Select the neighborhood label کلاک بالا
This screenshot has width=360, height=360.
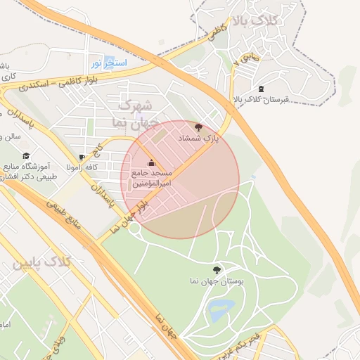279,22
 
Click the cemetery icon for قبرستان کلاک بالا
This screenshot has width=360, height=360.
262,89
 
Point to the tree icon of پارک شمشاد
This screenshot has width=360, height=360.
199,127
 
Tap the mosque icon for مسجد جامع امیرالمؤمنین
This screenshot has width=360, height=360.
150,163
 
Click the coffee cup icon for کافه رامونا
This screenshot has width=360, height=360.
82,157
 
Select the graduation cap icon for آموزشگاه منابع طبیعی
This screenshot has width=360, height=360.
26,156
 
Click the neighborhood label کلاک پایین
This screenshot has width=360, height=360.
42,263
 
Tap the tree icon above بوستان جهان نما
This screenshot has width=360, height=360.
216,269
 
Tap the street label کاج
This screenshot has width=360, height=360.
100,150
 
